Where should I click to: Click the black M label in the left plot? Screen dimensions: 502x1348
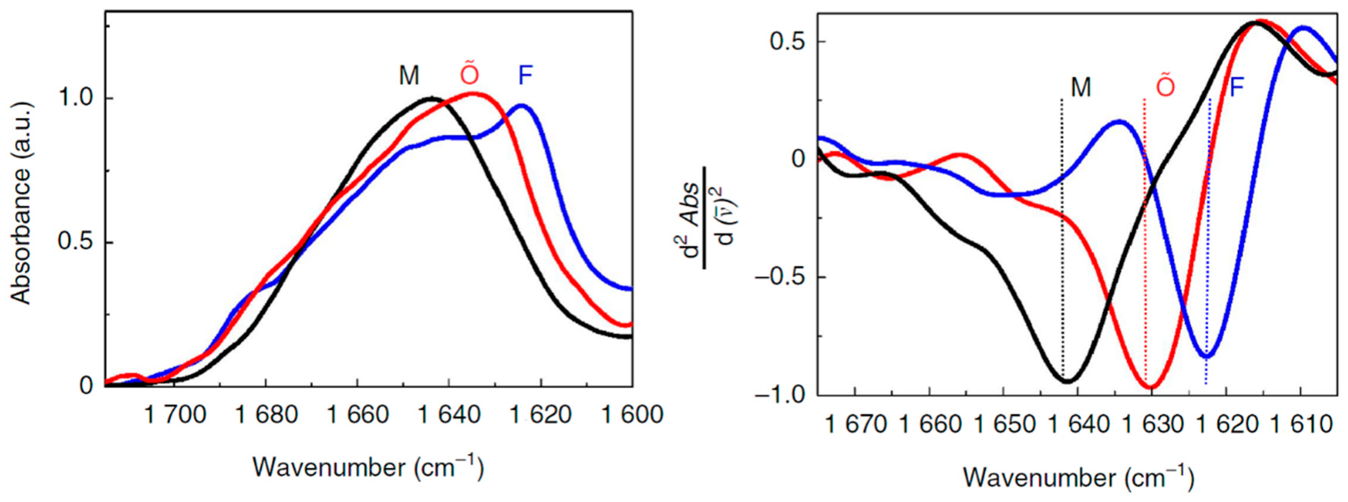409,76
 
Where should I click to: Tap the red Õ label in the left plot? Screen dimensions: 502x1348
469,75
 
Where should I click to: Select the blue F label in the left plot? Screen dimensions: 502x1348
525,76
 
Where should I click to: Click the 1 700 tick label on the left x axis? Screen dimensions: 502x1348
176,415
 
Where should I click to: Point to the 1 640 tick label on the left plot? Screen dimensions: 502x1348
449,415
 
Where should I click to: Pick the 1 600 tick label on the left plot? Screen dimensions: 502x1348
632,415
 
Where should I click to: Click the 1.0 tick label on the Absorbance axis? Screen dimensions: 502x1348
77,98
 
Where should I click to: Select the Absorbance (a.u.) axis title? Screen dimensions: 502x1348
21,203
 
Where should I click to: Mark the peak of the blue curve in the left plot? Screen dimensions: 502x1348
522,105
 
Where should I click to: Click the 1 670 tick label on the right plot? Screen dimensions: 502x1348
856,425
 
